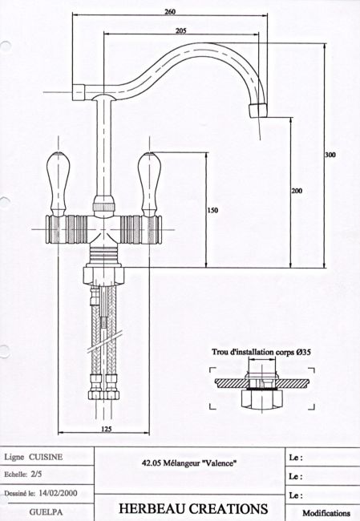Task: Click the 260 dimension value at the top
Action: tap(170, 12)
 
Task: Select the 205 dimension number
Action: tap(180, 30)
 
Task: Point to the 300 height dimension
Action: tap(330, 155)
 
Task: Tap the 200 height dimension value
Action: tap(297, 191)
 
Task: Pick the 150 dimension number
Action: tap(212, 210)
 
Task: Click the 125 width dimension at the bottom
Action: tap(106, 429)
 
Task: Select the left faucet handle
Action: tap(59, 184)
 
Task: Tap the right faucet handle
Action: tap(150, 184)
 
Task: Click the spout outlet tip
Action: tap(258, 110)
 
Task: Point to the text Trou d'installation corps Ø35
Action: tap(261, 352)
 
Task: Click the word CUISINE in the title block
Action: tap(46, 457)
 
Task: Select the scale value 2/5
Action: tap(36, 475)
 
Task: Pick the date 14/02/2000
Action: tap(58, 493)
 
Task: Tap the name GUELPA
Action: tap(46, 511)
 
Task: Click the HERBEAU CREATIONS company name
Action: tap(193, 509)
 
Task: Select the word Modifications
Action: tap(326, 513)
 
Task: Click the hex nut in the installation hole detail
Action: tap(262, 398)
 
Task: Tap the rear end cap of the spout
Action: tap(79, 92)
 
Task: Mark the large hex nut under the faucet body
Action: tap(103, 276)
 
